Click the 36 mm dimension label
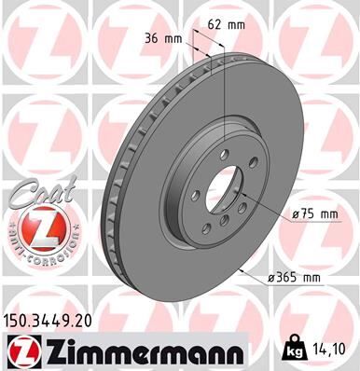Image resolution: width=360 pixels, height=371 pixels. click(161, 39)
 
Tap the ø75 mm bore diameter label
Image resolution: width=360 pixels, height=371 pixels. click(315, 214)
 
